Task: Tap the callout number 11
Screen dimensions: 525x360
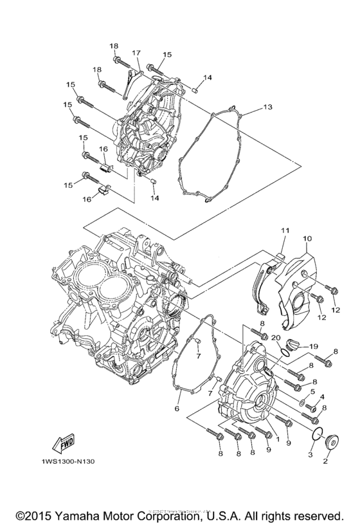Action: [x=285, y=230]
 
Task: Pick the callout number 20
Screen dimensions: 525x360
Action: [x=275, y=336]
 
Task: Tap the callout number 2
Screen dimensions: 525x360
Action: [x=325, y=461]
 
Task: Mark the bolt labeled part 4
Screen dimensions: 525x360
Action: [x=312, y=407]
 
